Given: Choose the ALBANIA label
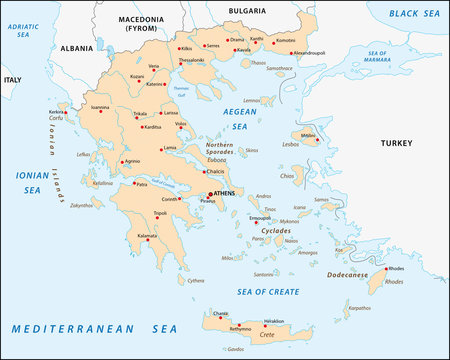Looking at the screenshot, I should pyautogui.click(x=75, y=47).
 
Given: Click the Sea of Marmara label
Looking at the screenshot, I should pyautogui.click(x=379, y=56).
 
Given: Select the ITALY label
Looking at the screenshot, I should pyautogui.click(x=12, y=79).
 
